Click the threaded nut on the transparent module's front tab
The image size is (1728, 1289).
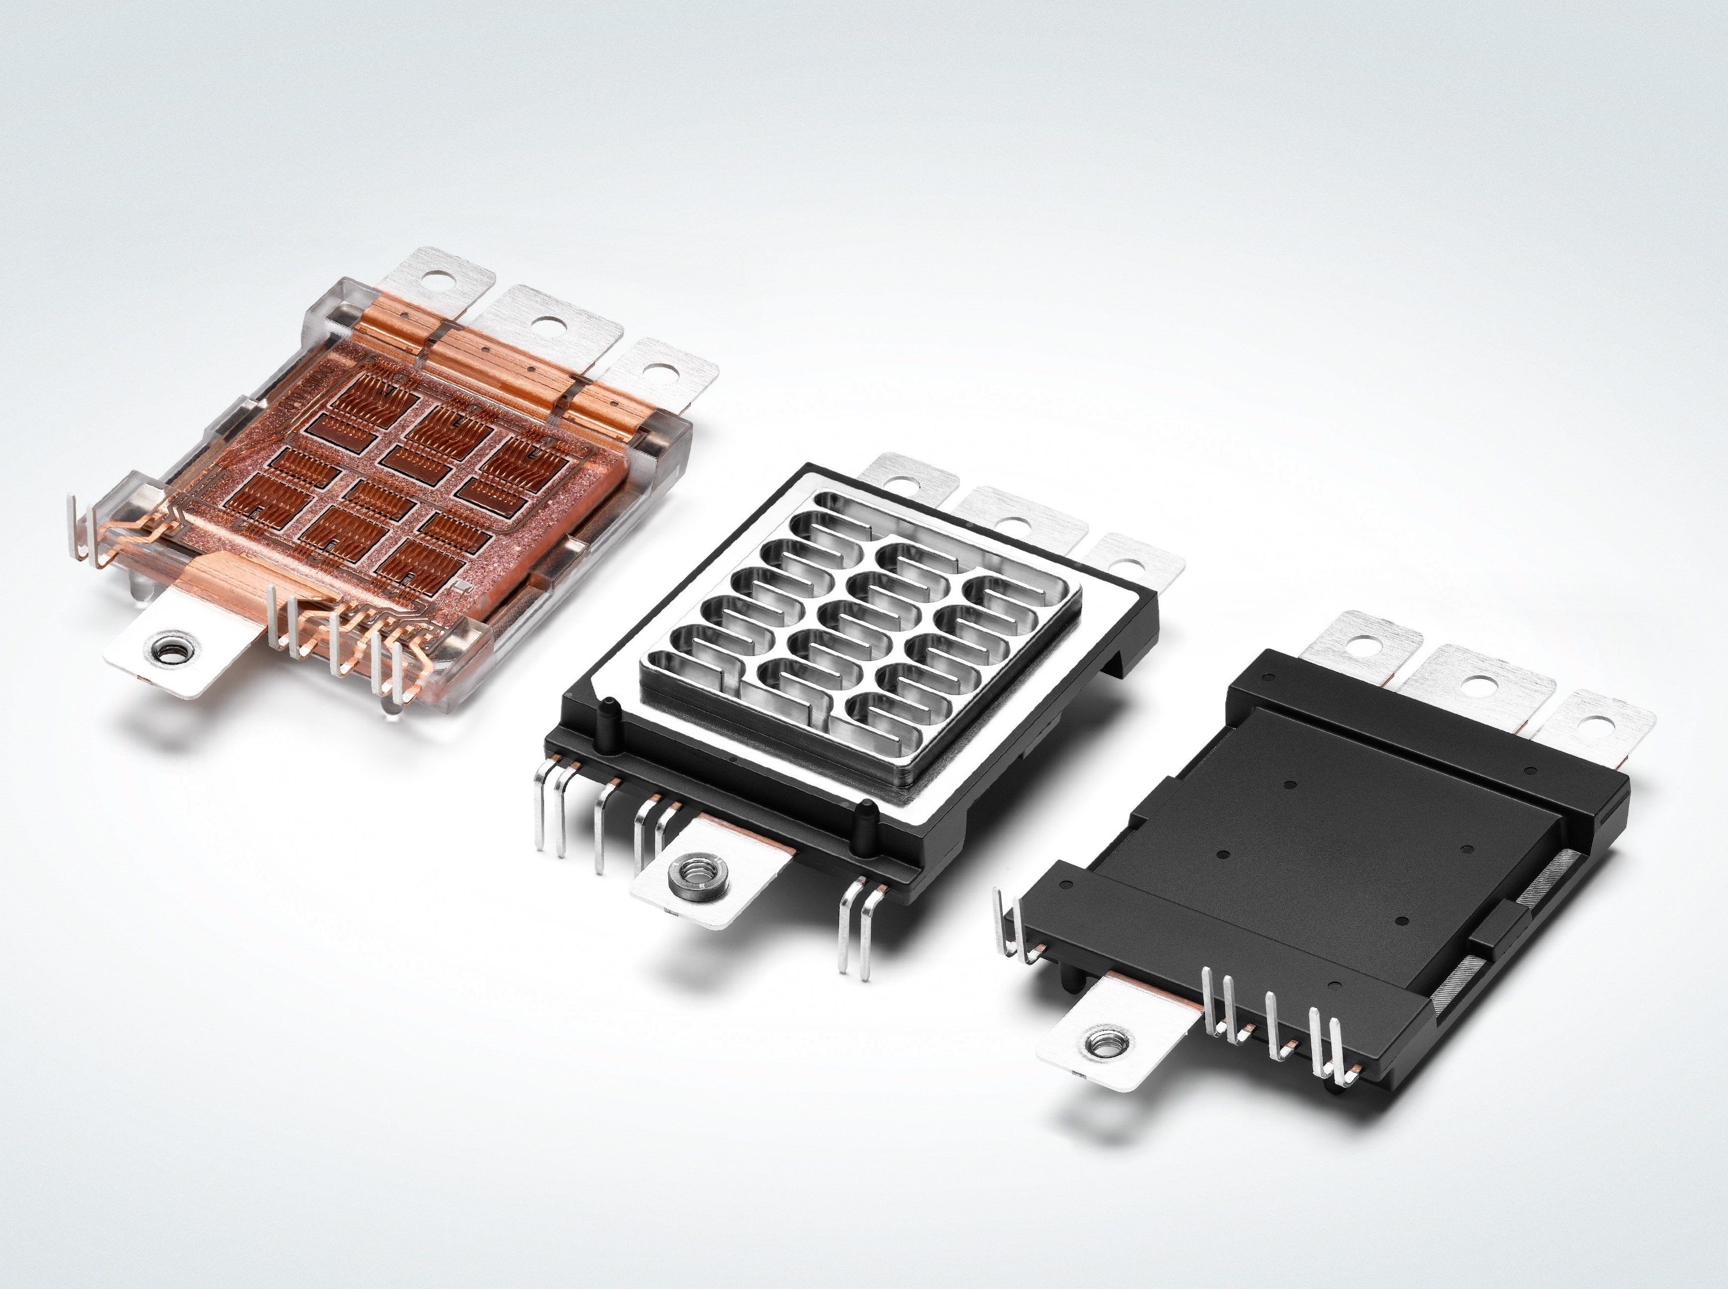click(166, 647)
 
